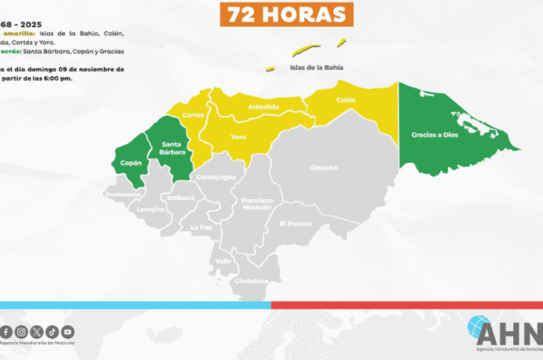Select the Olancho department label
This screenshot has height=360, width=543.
(323, 167)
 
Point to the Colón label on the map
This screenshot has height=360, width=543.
(345, 100)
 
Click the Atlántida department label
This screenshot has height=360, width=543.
(263, 107)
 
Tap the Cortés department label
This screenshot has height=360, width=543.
(193, 115)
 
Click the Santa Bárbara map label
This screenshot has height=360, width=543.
(173, 148)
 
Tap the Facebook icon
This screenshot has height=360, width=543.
(6, 332)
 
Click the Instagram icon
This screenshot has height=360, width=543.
(21, 332)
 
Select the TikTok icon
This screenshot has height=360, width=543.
(52, 332)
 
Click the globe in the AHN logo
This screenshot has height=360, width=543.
(479, 328)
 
